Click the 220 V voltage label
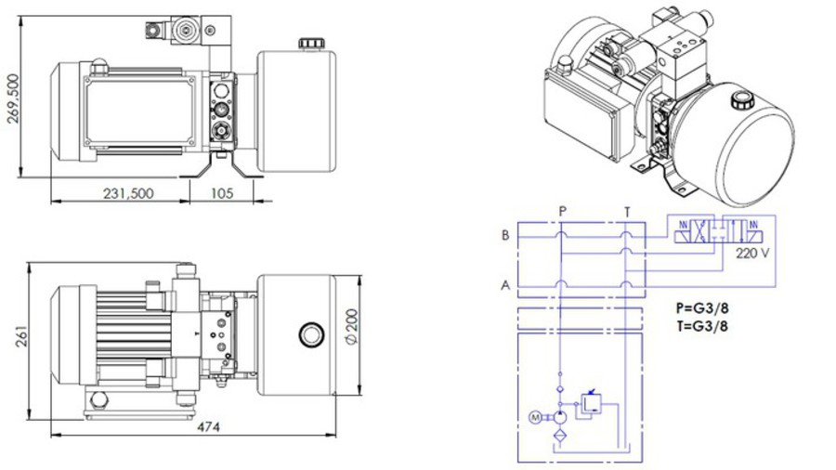click(753, 253)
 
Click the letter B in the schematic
click(505, 236)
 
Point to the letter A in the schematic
click(505, 285)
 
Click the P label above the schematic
click(563, 212)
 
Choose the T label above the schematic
click(627, 212)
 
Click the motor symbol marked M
click(535, 417)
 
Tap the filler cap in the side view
click(308, 43)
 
